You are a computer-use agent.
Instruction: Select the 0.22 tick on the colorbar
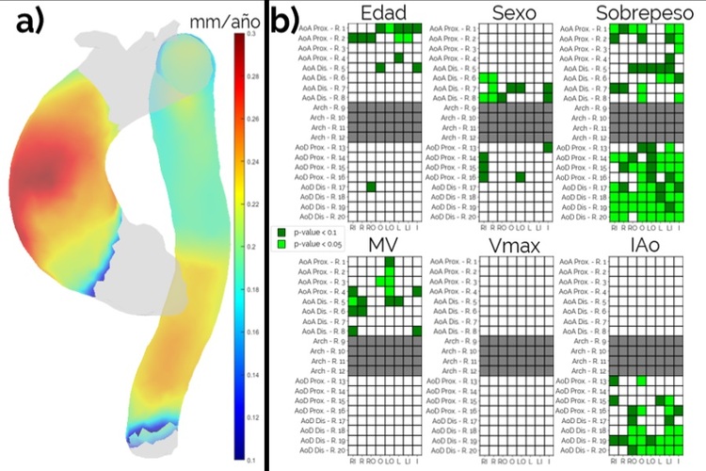[x=252, y=204]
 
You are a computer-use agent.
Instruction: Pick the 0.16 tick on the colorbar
[x=252, y=333]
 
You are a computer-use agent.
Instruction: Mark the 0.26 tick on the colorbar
[x=252, y=120]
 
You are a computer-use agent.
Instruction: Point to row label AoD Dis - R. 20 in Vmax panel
[x=456, y=451]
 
